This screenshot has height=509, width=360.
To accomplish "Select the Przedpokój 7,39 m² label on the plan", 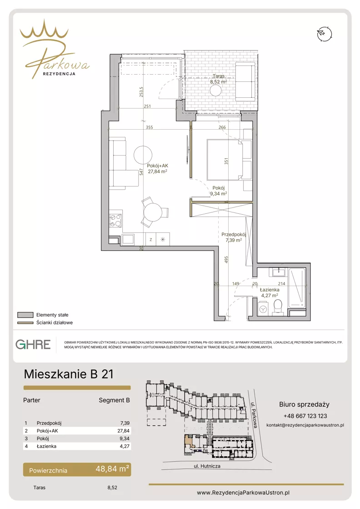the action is pos(234,237).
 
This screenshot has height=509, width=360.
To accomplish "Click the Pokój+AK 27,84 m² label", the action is pos(157,168).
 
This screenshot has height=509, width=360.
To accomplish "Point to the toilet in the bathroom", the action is pos(278,307).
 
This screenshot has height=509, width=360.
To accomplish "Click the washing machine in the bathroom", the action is pos(263,309).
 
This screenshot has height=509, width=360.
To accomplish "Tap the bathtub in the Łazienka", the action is pos(297,287).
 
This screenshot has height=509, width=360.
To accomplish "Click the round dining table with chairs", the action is pos(153,212).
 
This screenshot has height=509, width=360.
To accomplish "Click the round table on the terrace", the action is pos(215,91).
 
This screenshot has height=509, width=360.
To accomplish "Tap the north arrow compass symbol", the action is pos(325,34).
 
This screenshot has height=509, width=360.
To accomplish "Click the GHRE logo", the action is pos(33,344).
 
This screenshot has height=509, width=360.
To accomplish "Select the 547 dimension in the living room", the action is pos(141,172).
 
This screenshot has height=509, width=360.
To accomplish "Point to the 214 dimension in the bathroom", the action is pos(281,283).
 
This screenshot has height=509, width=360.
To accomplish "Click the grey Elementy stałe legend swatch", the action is pos(25,315).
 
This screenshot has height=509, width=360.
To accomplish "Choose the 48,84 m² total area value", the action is pos(112,469).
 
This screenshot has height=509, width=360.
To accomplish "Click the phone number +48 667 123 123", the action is pos(305,416).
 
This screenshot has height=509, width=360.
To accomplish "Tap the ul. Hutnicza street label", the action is pos(207,466).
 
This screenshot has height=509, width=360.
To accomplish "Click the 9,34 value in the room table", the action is pos(125,438).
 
